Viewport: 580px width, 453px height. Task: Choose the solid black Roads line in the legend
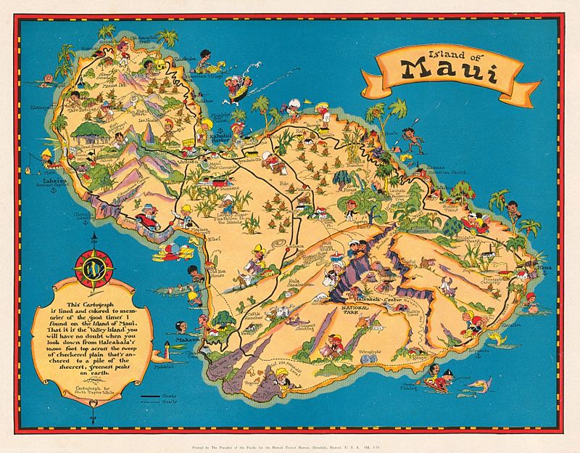[x=150, y=396]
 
